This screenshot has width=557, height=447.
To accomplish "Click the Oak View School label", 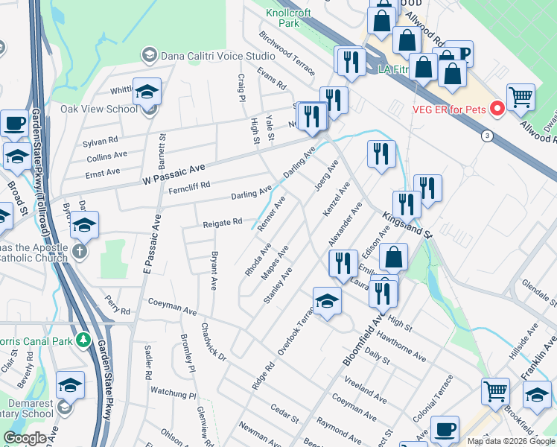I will click(x=99, y=109).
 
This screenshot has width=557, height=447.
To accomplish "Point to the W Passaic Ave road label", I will click(x=172, y=177).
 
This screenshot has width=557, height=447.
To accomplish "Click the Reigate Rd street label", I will click(x=223, y=222).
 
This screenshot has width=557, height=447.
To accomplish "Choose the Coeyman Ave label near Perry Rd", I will click(x=172, y=302).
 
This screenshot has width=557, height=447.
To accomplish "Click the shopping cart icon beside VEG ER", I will click(x=521, y=96).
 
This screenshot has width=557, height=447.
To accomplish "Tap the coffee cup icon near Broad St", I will click(x=14, y=123).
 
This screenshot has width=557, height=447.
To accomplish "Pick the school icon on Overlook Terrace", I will click(x=326, y=300).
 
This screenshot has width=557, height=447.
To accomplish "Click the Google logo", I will click(x=25, y=438).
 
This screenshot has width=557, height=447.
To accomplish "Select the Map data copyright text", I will click(x=510, y=441).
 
